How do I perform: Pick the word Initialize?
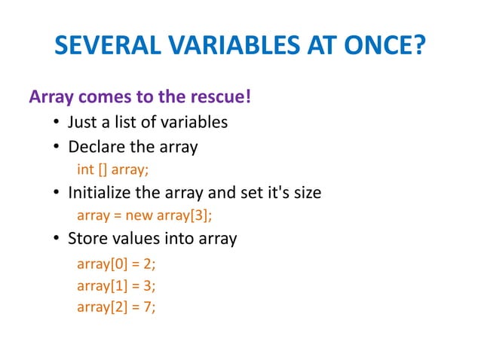click(x=98, y=193)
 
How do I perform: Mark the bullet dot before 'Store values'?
click(x=57, y=240)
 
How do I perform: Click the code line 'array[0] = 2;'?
click(x=117, y=264)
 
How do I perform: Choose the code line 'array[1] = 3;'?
click(x=117, y=285)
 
